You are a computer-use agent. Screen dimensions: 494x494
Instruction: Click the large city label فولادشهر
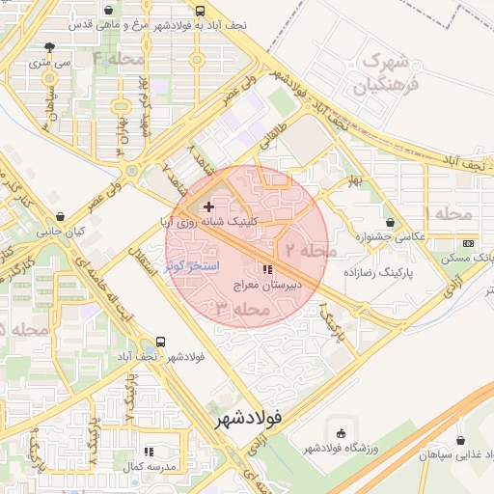pos(249,420)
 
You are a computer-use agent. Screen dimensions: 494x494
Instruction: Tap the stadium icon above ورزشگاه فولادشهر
pos(340,431)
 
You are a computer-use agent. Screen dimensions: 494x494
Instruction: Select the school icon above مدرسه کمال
pos(149,451)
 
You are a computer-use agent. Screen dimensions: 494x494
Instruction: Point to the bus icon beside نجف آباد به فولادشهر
pos(200,12)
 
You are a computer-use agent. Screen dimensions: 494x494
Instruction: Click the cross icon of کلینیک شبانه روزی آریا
pos(208,206)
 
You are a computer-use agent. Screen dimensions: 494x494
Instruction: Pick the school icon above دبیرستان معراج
pos(267,271)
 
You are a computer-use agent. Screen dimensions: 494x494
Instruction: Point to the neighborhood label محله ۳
pos(238,310)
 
